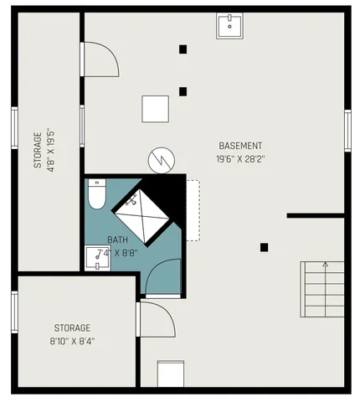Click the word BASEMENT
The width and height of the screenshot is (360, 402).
pyautogui.click(x=240, y=144)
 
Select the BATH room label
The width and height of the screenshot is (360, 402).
pyautogui.click(x=118, y=239)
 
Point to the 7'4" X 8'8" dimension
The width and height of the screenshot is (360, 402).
pyautogui.click(x=116, y=251)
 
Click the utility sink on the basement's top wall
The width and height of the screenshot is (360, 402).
pyautogui.click(x=229, y=26)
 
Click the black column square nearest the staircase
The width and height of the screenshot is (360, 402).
pyautogui.click(x=264, y=247)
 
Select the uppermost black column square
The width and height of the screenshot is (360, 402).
pyautogui.click(x=183, y=49)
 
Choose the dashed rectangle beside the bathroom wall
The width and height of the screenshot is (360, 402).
pyautogui.click(x=193, y=210)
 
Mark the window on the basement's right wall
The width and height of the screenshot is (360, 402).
pyautogui.click(x=347, y=130)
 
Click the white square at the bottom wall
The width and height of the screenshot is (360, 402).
pyautogui.click(x=170, y=374)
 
